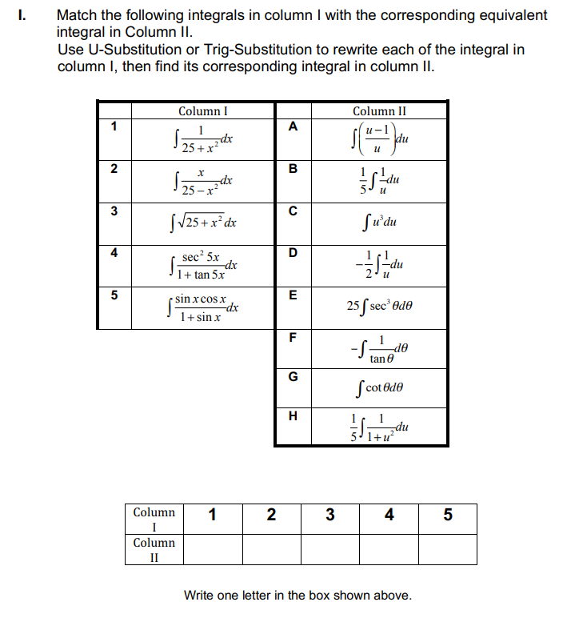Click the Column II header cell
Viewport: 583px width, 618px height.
point(379,111)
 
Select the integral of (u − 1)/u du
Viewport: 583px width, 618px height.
point(379,140)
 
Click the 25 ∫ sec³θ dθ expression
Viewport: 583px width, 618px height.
point(379,306)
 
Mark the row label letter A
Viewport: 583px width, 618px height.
point(292,126)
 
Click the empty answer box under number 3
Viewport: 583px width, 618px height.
point(329,548)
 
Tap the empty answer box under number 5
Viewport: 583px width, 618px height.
point(447,548)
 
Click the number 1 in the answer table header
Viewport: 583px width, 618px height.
point(212,515)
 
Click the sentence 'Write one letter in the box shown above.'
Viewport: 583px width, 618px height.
point(297,595)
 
